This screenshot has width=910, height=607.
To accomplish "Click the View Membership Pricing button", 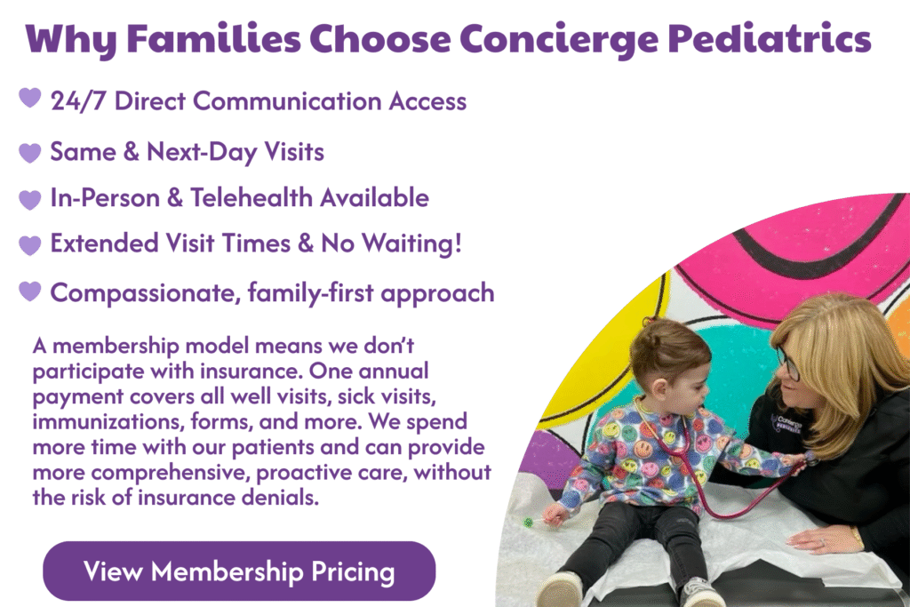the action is coord(239,571).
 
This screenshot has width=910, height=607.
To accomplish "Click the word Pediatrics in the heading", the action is coord(769,39).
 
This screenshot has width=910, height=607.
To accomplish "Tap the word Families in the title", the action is coord(213,39).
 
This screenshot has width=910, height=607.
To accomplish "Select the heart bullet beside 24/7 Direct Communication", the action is coord(30,98).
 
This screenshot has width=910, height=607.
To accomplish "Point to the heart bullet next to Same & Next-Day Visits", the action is coord(30,153).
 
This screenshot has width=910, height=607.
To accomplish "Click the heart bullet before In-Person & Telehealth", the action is coord(30,200).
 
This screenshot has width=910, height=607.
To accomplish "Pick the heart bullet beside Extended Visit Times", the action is coord(30,245).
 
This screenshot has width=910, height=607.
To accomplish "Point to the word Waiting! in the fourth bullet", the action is coord(412,244).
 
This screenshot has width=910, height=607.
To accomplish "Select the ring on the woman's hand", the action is coord(822,542).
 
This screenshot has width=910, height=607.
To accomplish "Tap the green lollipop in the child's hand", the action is coord(529,523).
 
